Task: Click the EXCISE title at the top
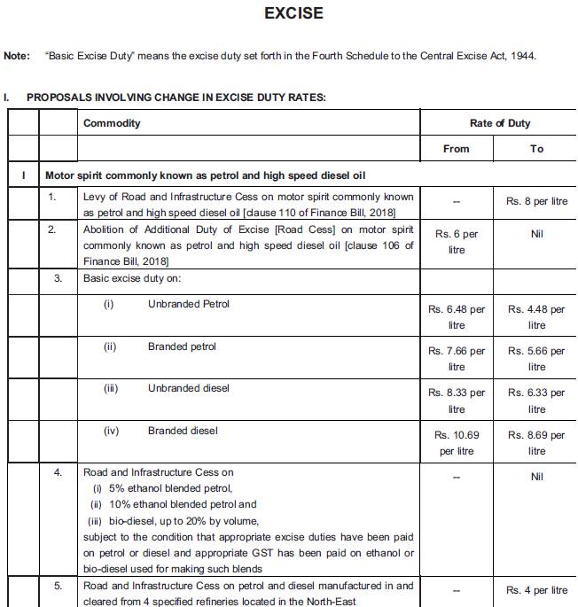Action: (293, 13)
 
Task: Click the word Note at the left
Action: (17, 55)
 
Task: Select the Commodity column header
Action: (112, 123)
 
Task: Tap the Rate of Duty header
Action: (500, 123)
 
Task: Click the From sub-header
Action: (456, 149)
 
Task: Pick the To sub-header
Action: (536, 149)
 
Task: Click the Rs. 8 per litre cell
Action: (536, 201)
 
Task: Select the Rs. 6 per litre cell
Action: (457, 242)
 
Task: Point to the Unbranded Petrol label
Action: (188, 304)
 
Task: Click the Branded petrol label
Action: (182, 346)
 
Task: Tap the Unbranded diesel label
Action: (188, 388)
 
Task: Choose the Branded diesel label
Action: (182, 431)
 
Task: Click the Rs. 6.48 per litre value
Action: (457, 317)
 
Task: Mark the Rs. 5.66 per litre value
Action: (536, 359)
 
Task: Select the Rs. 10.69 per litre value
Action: (457, 443)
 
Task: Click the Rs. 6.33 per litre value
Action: (536, 401)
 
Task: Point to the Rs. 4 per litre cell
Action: (536, 590)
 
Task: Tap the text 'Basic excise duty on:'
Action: (131, 278)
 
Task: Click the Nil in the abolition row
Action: (536, 235)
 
